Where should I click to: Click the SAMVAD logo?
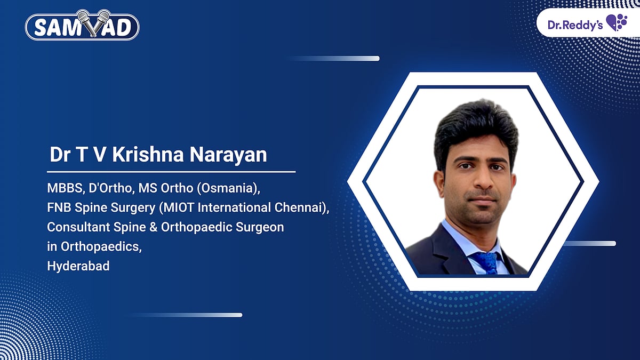click(x=82, y=25)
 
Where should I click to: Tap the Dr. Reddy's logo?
click(x=587, y=23)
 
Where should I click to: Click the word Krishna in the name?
click(x=148, y=155)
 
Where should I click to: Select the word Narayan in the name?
click(x=228, y=155)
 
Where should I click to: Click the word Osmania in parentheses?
click(x=229, y=188)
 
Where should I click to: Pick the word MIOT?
click(x=177, y=207)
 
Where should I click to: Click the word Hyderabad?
click(x=78, y=266)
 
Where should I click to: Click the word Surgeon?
click(x=260, y=227)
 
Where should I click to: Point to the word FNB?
click(x=59, y=207)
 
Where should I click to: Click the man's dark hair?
click(x=476, y=129)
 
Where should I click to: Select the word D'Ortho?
click(x=111, y=188)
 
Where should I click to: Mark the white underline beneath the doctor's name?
click(x=171, y=172)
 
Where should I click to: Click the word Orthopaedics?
click(x=101, y=247)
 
